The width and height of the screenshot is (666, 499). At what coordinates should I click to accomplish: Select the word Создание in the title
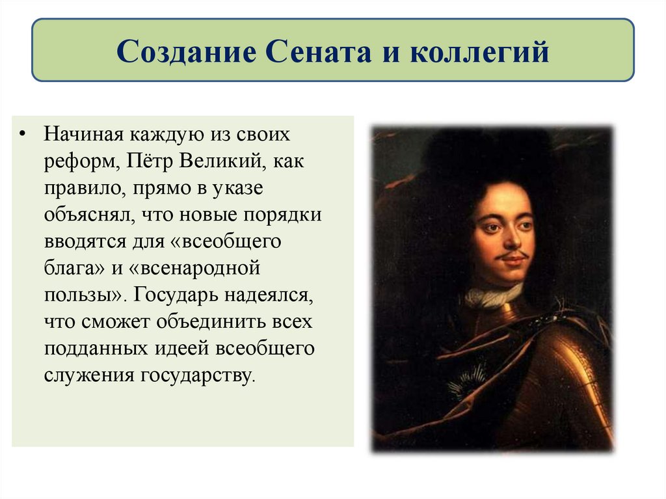183,51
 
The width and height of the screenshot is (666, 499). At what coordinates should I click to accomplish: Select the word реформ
79,161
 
